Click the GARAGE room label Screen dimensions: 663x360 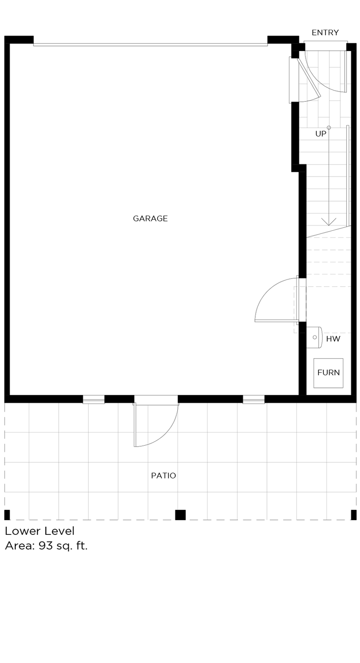[150, 219]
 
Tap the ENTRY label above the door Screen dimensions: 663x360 [325, 33]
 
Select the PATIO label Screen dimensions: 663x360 [163, 476]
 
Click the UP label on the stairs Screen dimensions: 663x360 [321, 134]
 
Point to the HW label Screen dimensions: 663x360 [333, 339]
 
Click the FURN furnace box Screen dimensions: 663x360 [328, 373]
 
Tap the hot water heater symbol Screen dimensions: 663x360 [314, 337]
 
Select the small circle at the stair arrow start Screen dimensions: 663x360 [329, 128]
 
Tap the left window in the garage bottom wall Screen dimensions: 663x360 [94, 399]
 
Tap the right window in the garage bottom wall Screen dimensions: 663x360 [254, 399]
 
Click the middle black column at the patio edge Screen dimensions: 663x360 [180, 515]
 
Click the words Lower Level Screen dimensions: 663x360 [39, 531]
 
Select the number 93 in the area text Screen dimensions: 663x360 [45, 546]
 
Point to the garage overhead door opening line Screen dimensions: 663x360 [150, 44]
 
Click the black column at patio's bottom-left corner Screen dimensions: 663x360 [7, 515]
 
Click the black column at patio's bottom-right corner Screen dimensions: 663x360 [354, 515]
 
